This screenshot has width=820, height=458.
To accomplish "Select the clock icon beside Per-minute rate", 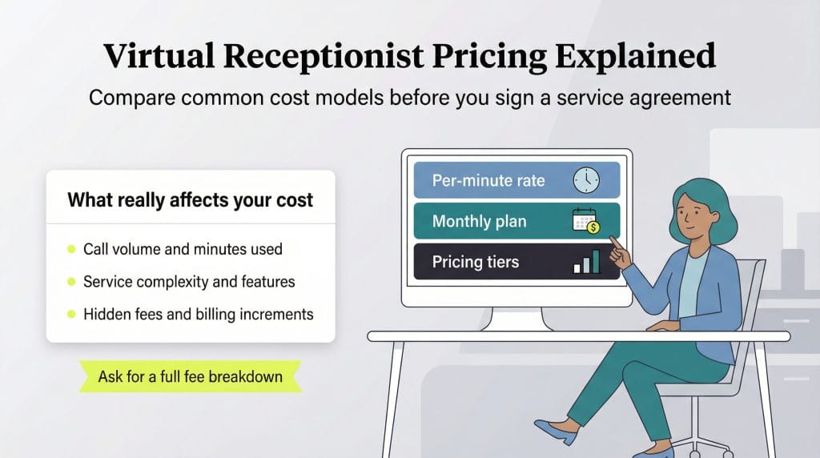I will coord(586,180).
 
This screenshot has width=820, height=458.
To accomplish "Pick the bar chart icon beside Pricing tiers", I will coord(586,263).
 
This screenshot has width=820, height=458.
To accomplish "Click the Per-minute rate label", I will coord(488,180).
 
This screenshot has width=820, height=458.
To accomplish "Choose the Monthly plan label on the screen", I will coord(480,222).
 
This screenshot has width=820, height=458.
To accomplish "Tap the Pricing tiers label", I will coord(476,263).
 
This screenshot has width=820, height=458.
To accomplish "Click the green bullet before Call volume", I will coord(71,250).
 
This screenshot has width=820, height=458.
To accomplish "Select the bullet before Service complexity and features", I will coord(71,282).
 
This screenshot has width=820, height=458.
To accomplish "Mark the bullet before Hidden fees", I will coord(71,315).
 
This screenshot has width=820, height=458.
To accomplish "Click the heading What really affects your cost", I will coord(190,199).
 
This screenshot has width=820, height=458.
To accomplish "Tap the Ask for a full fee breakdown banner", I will coord(190,376).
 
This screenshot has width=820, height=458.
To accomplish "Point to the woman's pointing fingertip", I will coord(613,239).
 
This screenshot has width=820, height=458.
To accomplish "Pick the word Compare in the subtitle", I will coord(128,98).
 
